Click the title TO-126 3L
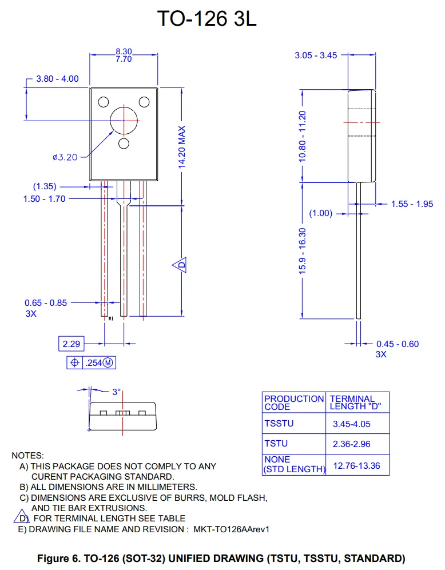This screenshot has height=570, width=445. (x=207, y=19)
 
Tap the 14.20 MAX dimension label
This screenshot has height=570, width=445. (x=182, y=147)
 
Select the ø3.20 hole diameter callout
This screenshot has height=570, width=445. (x=65, y=157)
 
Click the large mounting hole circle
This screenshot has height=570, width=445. (x=124, y=120)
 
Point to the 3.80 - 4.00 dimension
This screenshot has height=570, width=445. (x=57, y=79)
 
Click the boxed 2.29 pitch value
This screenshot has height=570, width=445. (x=71, y=344)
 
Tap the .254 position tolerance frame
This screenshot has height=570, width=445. (x=91, y=362)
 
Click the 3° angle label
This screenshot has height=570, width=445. (x=117, y=392)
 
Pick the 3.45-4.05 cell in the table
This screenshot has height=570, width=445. (x=351, y=425)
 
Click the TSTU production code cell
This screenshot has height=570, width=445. (x=276, y=444)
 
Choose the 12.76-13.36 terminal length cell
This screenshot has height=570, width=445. (x=356, y=465)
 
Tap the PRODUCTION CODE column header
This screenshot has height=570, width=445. (x=294, y=402)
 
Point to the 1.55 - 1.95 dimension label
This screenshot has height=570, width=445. (x=412, y=204)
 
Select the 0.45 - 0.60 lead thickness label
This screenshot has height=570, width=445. (x=398, y=344)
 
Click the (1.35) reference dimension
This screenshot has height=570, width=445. (x=44, y=186)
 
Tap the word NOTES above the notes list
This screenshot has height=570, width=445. (x=27, y=456)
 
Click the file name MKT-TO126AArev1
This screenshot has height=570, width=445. (x=231, y=529)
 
